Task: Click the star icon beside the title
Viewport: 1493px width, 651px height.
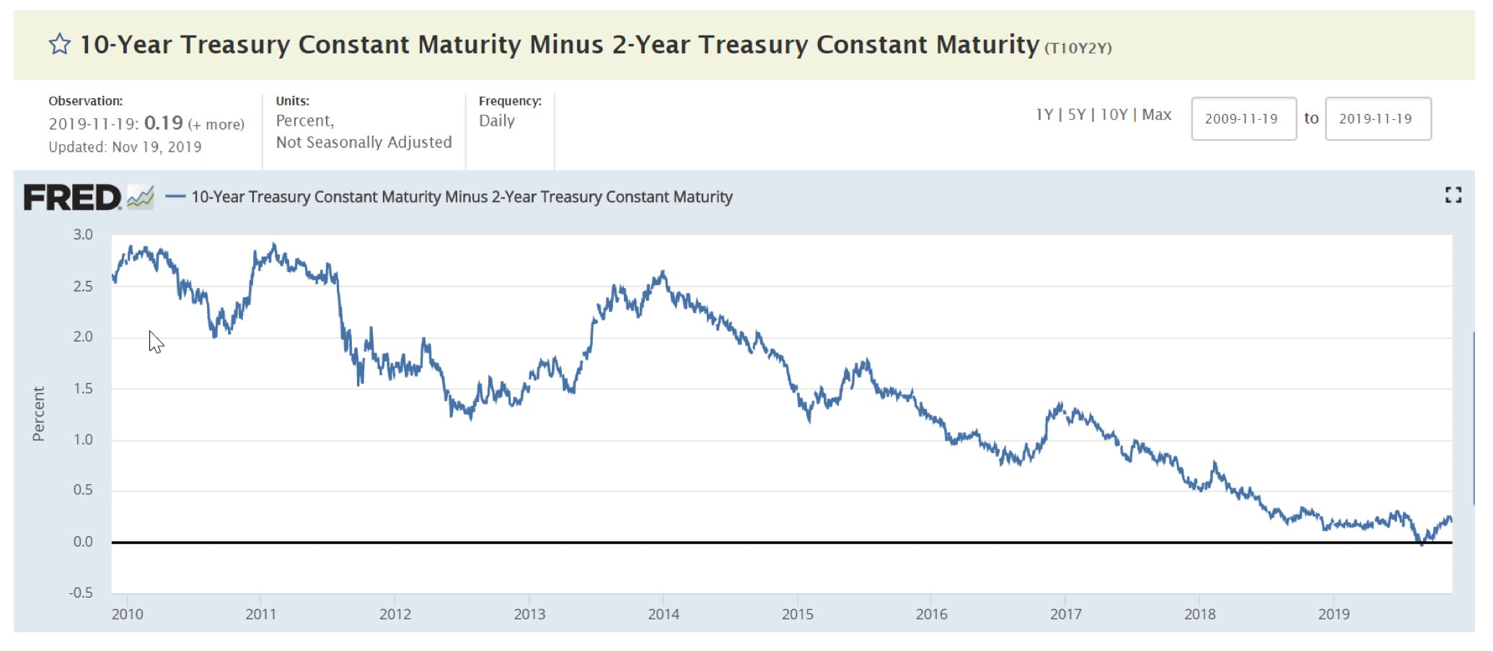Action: pyautogui.click(x=60, y=45)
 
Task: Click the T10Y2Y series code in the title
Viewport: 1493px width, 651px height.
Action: pyautogui.click(x=1078, y=48)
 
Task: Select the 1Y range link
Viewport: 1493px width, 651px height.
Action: pyautogui.click(x=1044, y=115)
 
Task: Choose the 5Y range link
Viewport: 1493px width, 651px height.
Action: pyautogui.click(x=1076, y=115)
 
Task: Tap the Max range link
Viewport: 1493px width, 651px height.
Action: pyautogui.click(x=1156, y=115)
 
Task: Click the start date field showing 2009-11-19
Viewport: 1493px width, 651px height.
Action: pyautogui.click(x=1243, y=119)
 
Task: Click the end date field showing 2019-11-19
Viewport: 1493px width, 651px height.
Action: pyautogui.click(x=1377, y=119)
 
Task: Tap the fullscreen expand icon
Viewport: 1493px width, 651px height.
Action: pyautogui.click(x=1453, y=195)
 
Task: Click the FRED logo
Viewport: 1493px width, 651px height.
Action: pyautogui.click(x=72, y=198)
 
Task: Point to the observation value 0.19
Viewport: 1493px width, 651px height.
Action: pyautogui.click(x=163, y=123)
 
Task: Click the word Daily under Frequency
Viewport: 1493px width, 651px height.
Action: pyautogui.click(x=497, y=121)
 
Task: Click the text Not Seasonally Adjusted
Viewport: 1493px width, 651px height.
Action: pyautogui.click(x=364, y=143)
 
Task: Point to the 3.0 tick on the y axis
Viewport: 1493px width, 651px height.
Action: pyautogui.click(x=83, y=235)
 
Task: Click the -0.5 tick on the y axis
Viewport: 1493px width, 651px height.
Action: pyautogui.click(x=81, y=593)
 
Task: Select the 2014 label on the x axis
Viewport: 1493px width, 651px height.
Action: pyautogui.click(x=663, y=614)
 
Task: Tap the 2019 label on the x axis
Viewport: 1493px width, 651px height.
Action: pyautogui.click(x=1334, y=614)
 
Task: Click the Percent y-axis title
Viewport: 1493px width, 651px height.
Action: pyautogui.click(x=39, y=414)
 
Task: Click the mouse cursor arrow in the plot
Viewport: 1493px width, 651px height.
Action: pyautogui.click(x=155, y=341)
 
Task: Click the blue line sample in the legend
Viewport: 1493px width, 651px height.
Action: pyautogui.click(x=175, y=196)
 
